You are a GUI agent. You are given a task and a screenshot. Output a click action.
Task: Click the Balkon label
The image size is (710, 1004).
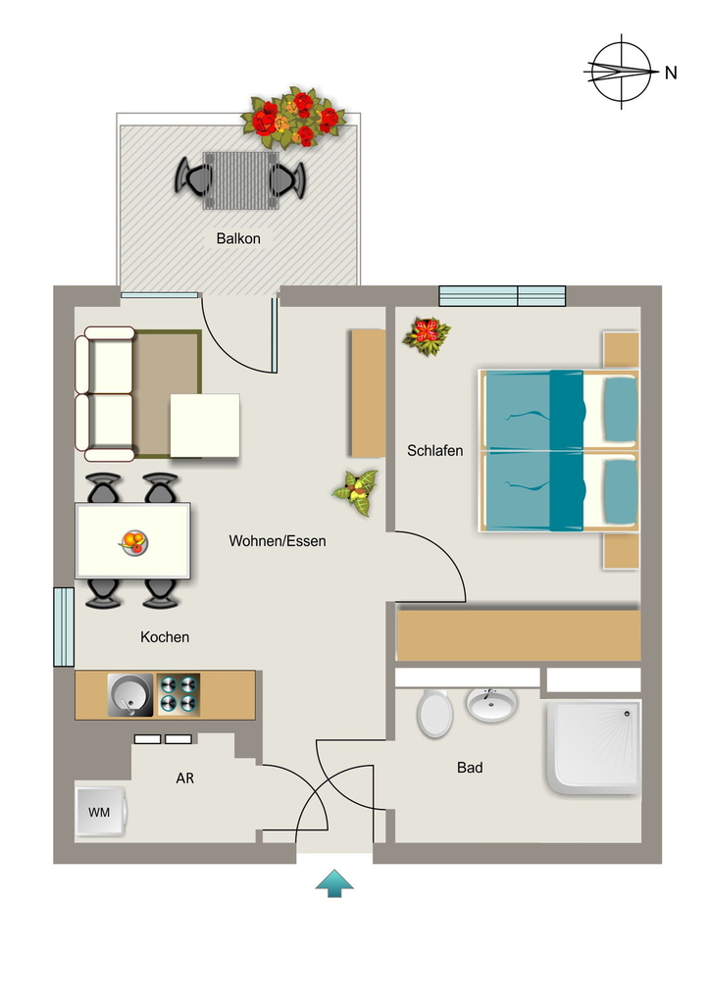coord(238,238)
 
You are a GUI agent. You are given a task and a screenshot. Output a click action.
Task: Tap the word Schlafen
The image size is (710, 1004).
coord(434,451)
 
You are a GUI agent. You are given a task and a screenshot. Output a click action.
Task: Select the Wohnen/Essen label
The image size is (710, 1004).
coord(278,541)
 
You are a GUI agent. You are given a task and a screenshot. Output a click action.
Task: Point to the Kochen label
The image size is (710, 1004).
coord(165,637)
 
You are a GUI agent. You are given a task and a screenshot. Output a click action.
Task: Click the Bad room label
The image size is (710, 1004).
coord(470,767)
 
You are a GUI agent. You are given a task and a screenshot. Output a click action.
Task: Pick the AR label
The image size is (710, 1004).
coord(185,778)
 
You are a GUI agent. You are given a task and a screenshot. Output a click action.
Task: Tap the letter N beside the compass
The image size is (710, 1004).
coord(671,73)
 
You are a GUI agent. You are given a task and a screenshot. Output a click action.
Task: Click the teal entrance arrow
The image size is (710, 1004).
coord(334,883)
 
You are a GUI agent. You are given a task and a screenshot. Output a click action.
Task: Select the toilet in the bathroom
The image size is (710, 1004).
coord(434,713)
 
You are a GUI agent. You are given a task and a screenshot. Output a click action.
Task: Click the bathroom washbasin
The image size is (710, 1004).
coord(491,704)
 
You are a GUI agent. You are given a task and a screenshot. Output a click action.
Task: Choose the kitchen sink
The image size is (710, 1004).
coord(130,695)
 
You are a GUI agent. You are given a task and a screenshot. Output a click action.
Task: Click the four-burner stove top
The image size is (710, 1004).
coord(178,695)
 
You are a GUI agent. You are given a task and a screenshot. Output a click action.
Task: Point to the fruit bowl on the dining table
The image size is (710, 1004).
coord(133,542)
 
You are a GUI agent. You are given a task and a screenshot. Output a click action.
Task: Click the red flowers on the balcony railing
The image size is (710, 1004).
coord(294,118)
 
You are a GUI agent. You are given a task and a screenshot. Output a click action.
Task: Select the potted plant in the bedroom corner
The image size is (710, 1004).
coord(427,335)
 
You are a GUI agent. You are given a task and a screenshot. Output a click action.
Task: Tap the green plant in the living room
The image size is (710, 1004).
coord(356,492)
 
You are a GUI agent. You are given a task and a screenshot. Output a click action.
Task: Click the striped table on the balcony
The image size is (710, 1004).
coord(240,180)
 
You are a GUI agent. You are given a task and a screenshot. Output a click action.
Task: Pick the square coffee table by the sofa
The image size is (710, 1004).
coord(205,426)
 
